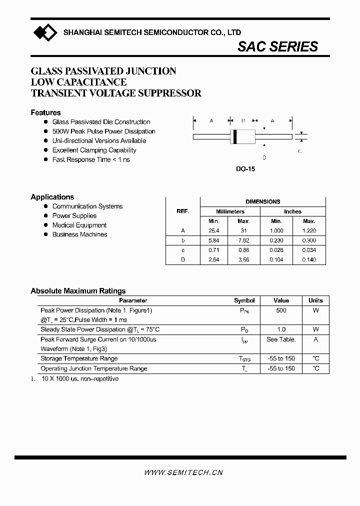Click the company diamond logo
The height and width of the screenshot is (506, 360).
[45, 33]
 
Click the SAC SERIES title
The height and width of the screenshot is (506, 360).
[277, 46]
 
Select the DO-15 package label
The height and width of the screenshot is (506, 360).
[245, 169]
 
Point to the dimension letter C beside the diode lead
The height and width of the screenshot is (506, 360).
[299, 151]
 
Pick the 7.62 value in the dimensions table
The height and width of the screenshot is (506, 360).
[243, 240]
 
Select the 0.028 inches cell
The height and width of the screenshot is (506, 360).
[276, 250]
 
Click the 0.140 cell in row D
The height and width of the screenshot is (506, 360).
[309, 259]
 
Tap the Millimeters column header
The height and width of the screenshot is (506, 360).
[230, 211]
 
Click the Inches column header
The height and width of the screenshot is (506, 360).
[292, 211]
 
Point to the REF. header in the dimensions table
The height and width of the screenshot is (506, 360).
[183, 211]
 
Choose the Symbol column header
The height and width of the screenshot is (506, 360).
[244, 300]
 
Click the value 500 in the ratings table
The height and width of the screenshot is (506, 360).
[281, 310]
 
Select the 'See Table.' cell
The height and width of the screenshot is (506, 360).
[281, 339]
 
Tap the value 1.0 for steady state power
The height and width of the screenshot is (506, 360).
[281, 329]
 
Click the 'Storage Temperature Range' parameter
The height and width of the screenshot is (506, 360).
[79, 358]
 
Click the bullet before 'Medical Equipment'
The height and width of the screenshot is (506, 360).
[46, 225]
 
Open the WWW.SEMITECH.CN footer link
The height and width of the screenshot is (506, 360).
[183, 472]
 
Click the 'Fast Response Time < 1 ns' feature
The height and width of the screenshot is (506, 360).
[91, 159]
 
